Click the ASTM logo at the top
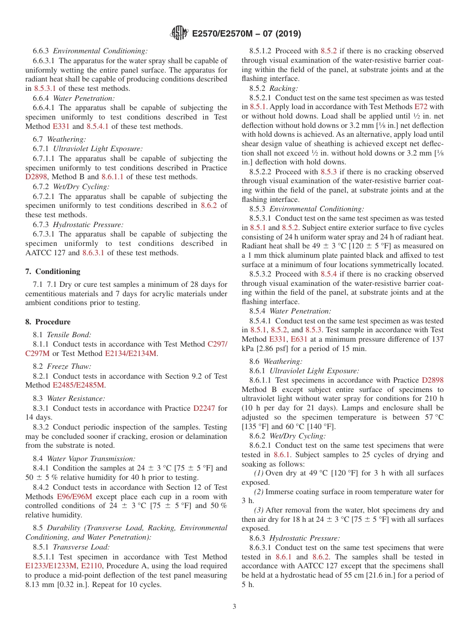179,33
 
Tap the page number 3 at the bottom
234,607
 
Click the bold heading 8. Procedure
48,322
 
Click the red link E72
421,107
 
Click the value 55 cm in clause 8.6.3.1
367,575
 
